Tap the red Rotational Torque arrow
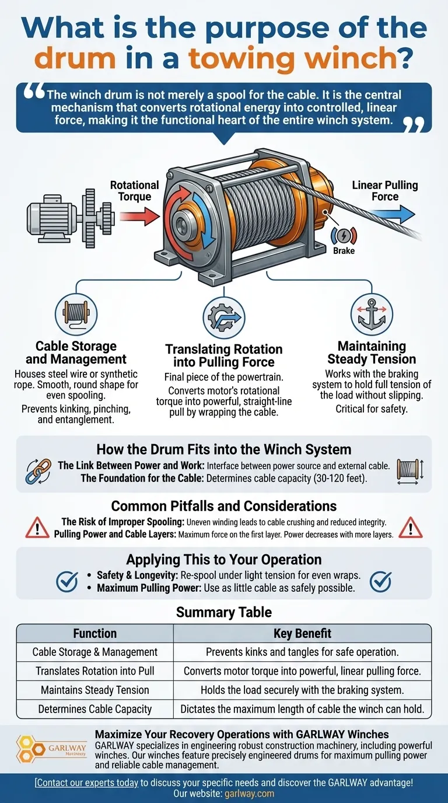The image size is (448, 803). point(139,216)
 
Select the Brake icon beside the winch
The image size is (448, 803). point(344,235)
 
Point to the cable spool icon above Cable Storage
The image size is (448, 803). point(76,314)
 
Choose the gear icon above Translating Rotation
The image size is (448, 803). point(224,317)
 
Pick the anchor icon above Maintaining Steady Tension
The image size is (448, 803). point(372,314)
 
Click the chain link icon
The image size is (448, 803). point(38,472)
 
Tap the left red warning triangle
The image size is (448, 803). point(37,528)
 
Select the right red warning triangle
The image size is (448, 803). point(411,528)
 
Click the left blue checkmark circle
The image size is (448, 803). point(67,581)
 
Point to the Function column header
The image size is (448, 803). point(95,633)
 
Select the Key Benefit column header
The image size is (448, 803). point(302,633)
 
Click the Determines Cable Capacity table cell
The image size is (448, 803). point(95,708)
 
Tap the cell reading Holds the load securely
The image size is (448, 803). point(302,690)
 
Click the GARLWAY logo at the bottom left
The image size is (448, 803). point(51,749)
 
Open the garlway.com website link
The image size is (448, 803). point(250,794)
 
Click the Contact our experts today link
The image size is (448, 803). point(86,782)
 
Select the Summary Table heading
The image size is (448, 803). point(224,612)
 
